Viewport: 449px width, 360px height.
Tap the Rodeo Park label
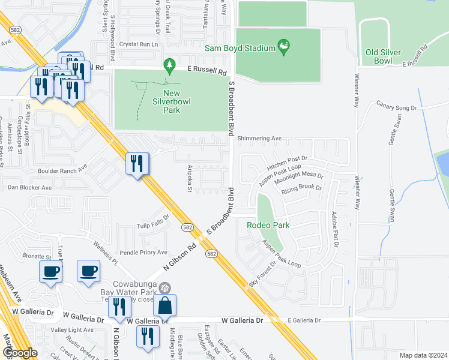pos(268,225)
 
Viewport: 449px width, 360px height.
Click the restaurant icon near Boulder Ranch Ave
pos(137,163)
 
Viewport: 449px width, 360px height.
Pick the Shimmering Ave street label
pos(259,138)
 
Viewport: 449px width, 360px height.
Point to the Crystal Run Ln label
pos(139,44)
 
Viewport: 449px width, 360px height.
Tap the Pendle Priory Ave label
pos(143,253)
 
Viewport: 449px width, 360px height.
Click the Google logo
pos(20,353)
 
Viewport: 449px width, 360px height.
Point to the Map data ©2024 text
pos(424,355)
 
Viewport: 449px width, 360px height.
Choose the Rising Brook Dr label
pos(301,188)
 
